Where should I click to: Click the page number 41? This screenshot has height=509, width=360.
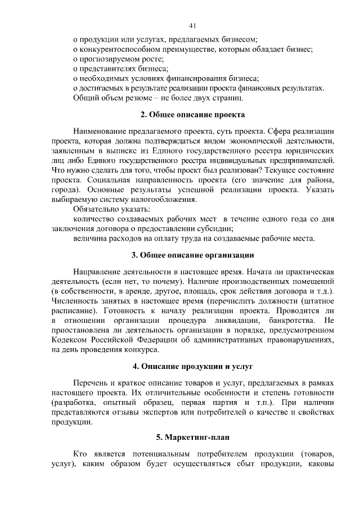(x=192, y=25)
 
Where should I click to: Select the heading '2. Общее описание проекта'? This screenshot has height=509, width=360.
(x=192, y=115)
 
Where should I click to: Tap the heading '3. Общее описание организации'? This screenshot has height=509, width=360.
(x=192, y=255)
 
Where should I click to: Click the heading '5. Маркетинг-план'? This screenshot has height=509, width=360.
(x=192, y=437)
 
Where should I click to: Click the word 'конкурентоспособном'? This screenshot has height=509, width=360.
(x=116, y=49)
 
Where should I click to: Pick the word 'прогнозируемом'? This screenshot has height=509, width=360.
(x=110, y=59)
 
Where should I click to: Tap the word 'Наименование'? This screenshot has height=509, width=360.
(x=100, y=131)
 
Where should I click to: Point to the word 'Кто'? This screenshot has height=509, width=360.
(x=81, y=453)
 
